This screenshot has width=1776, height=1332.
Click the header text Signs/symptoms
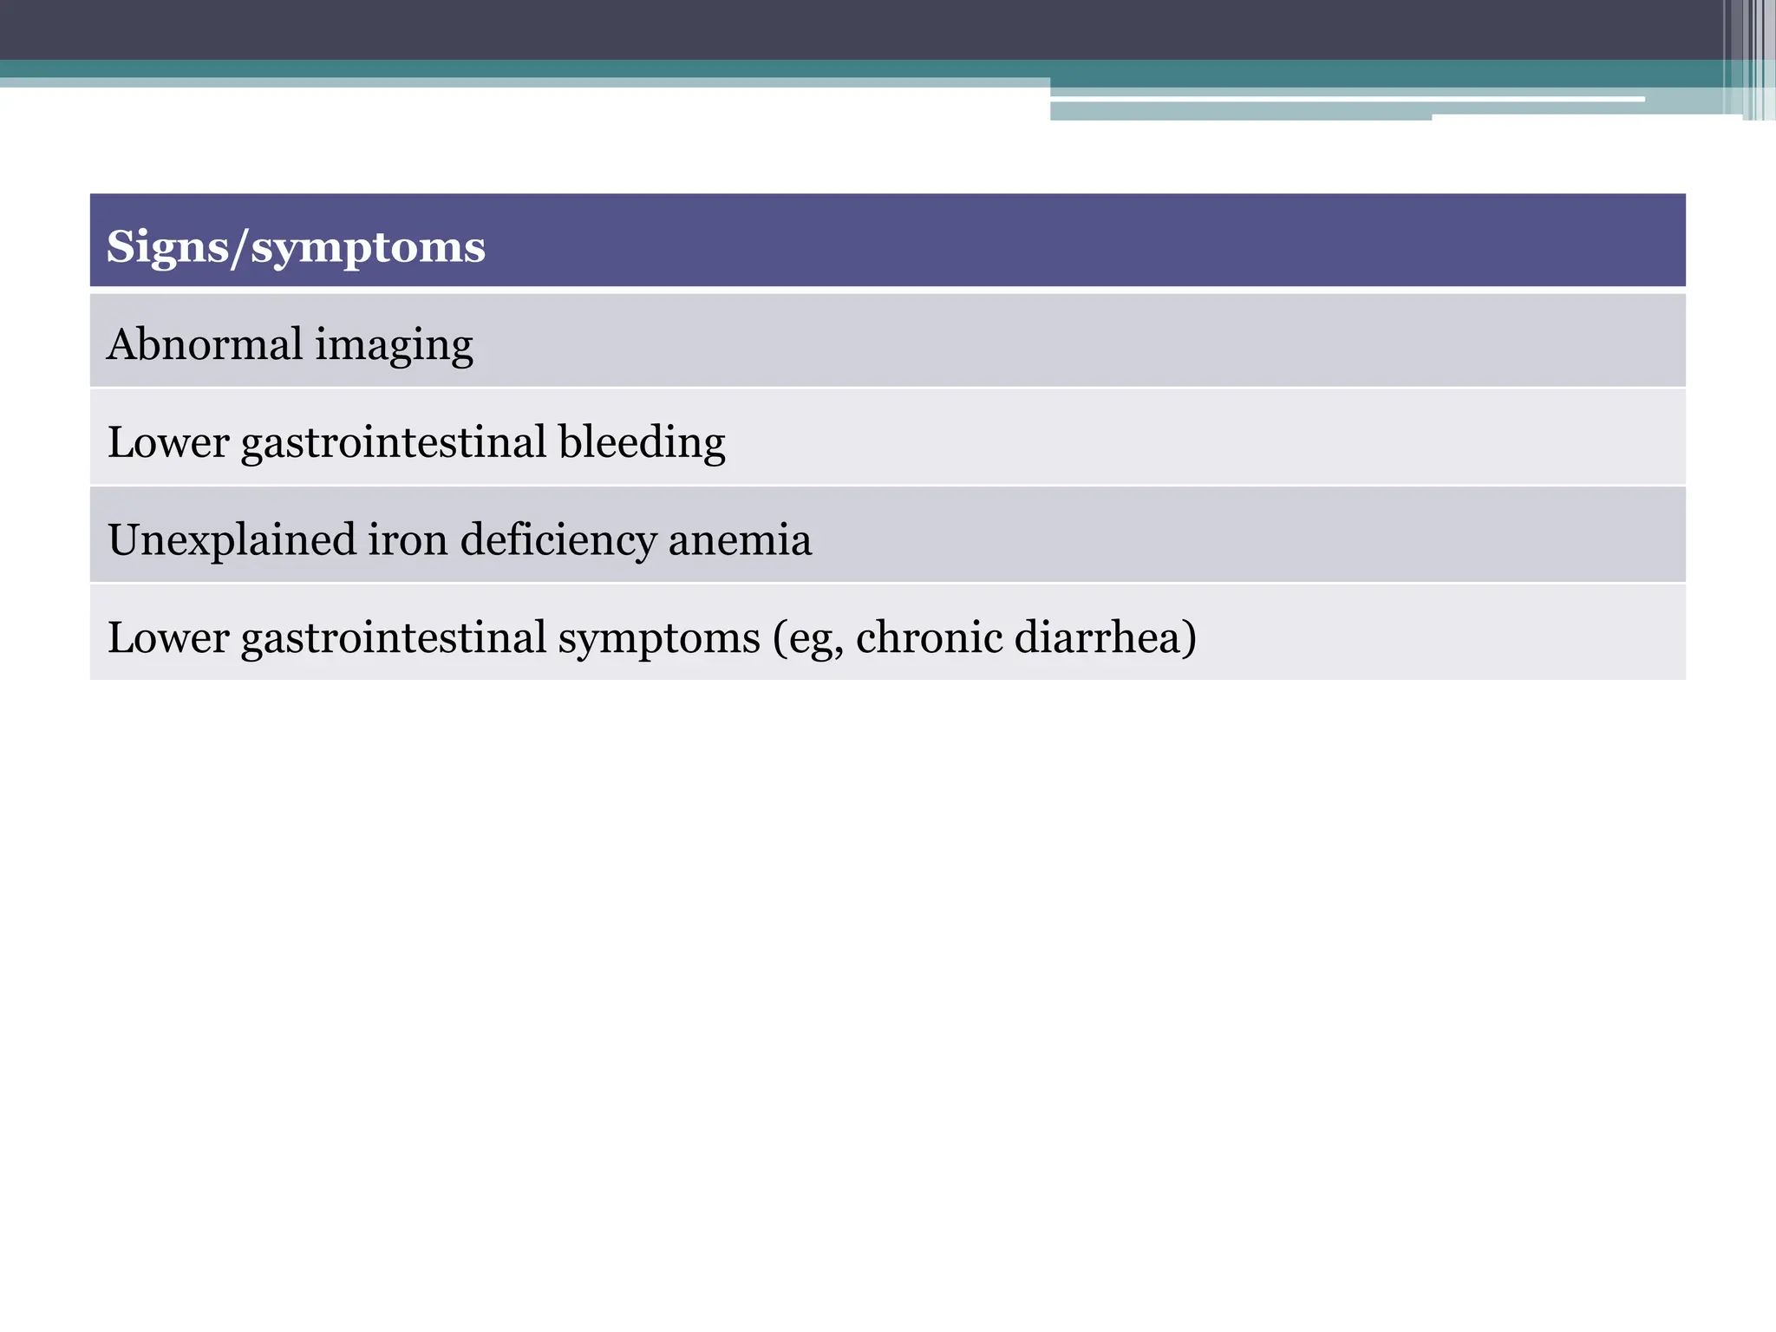tap(295, 247)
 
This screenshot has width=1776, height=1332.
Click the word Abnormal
tap(204, 344)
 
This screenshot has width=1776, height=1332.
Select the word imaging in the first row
tap(394, 347)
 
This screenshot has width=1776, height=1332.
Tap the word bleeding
tap(642, 442)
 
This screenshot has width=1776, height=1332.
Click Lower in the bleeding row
tap(167, 442)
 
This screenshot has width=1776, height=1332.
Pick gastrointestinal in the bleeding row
tap(394, 444)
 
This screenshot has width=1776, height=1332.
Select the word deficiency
tap(558, 541)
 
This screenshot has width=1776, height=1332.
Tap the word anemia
tap(740, 541)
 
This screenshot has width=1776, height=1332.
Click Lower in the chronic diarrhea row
tap(167, 637)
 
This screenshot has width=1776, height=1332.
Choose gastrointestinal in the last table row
tap(394, 639)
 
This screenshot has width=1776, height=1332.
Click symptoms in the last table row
tap(659, 640)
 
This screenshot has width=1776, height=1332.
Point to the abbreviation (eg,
tap(807, 640)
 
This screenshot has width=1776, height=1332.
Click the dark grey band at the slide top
tap(867, 29)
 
